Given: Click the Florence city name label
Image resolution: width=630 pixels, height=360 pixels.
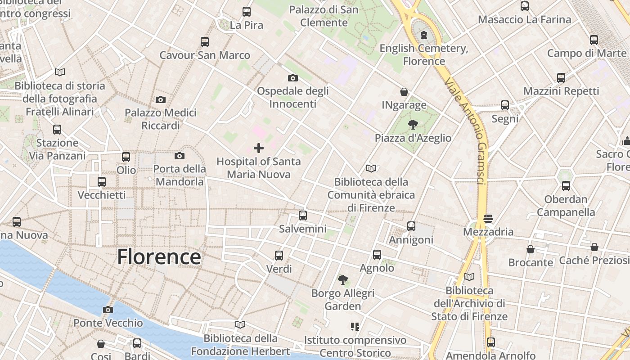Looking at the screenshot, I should click(x=159, y=257).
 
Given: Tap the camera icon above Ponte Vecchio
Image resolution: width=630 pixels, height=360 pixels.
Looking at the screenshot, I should click(x=108, y=310).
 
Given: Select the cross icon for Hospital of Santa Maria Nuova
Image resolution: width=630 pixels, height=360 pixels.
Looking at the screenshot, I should click(x=259, y=148).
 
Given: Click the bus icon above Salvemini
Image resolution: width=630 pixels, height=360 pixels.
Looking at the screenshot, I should click(x=303, y=215).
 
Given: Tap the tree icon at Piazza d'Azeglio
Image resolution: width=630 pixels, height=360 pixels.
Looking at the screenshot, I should click(x=413, y=125).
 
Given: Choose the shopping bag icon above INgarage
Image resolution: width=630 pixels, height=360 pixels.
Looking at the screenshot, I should click(x=404, y=92).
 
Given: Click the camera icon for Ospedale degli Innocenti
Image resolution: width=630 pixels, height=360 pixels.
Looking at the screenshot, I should click(x=293, y=78).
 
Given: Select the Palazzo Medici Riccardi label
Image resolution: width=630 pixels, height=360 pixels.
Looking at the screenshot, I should click(x=161, y=119).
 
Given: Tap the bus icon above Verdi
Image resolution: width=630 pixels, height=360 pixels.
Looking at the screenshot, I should click(x=279, y=256).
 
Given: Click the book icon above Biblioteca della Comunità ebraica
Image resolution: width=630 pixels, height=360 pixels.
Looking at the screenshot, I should click(x=371, y=169).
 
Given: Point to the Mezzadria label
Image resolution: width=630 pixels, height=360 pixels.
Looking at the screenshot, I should click(x=488, y=232).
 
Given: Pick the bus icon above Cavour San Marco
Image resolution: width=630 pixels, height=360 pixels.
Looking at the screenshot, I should click(x=205, y=42).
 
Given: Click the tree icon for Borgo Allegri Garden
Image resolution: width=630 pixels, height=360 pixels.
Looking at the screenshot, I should click(x=343, y=280).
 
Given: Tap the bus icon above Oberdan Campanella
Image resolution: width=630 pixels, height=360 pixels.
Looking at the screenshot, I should click(x=566, y=185).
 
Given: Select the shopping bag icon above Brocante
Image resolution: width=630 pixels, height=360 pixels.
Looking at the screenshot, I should click(x=531, y=249).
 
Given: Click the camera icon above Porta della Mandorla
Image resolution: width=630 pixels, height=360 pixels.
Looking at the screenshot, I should click(x=180, y=156).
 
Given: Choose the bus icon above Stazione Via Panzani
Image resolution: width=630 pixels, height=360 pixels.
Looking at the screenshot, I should click(x=57, y=130).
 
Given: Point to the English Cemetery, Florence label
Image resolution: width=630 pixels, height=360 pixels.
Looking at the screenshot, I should click(x=424, y=54).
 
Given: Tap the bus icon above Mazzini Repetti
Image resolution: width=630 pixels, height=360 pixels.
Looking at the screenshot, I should click(x=561, y=78).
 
